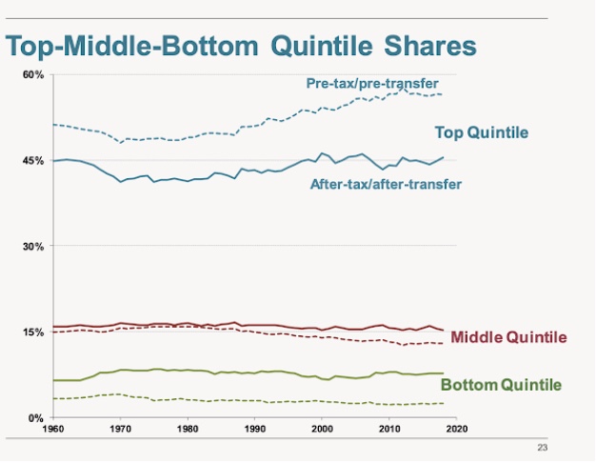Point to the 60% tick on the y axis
[x=33, y=74]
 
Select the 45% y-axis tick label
[x=33, y=160]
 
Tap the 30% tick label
[x=33, y=246]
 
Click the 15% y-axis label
[x=33, y=332]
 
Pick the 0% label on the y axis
[x=36, y=417]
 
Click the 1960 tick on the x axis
[x=53, y=429]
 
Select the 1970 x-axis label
[x=120, y=429]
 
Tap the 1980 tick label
[x=187, y=429]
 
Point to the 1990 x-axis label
[x=254, y=429]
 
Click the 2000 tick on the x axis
[x=321, y=429]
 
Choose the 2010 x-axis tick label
[x=388, y=429]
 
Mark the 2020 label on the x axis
[x=455, y=429]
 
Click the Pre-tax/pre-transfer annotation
[x=372, y=84]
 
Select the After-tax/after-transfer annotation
[x=386, y=183]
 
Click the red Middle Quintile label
[x=508, y=337]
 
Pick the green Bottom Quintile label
[x=501, y=385]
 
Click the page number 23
[x=544, y=446]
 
